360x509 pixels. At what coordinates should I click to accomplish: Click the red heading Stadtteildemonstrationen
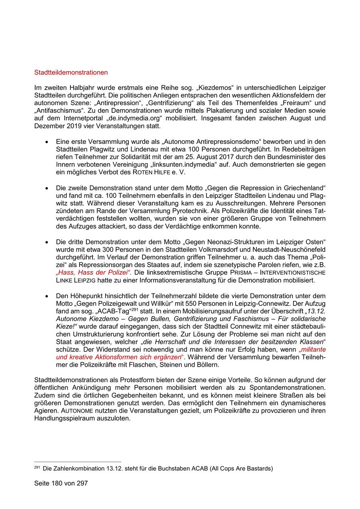pyautogui.click(x=71, y=73)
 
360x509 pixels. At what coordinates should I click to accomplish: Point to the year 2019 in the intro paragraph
pyautogui.click(x=76, y=126)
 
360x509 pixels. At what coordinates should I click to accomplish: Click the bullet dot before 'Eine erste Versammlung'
pyautogui.click(x=48, y=142)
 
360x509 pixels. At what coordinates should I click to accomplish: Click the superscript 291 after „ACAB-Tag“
pyautogui.click(x=135, y=309)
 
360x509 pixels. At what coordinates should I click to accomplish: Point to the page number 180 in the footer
pyautogui.click(x=57, y=483)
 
